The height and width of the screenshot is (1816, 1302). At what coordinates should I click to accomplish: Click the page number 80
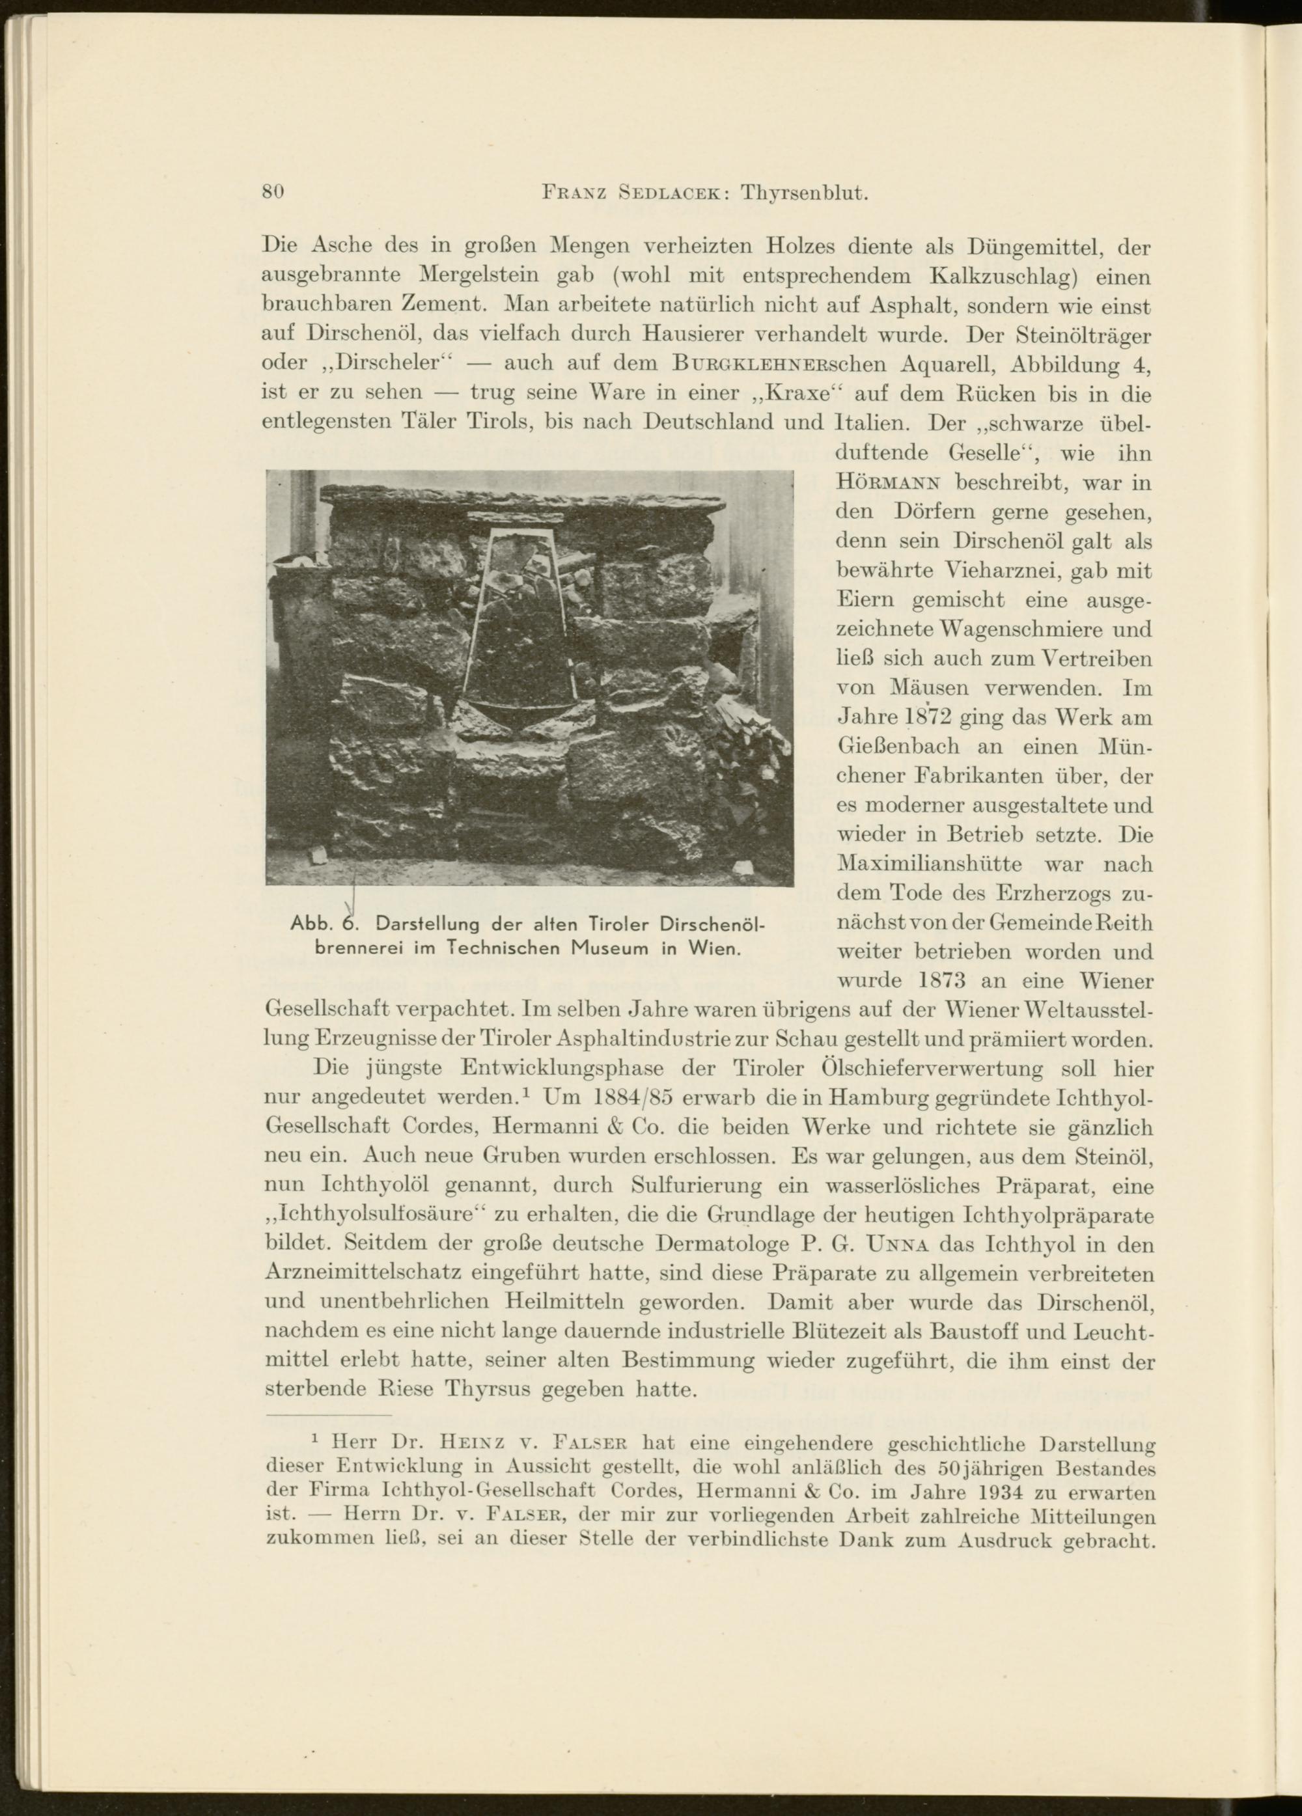coord(274,193)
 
